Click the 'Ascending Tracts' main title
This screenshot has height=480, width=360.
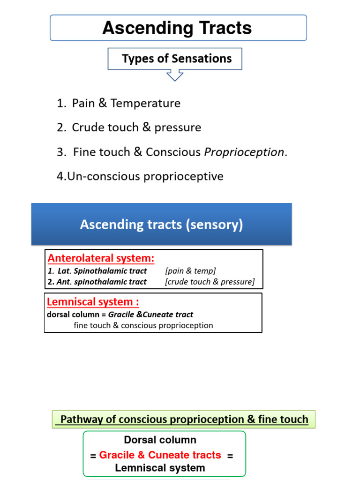tap(177, 28)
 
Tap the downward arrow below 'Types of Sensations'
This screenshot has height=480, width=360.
tap(175, 75)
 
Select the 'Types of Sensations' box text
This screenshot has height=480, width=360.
tap(177, 59)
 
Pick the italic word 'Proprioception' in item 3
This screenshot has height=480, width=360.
tap(244, 152)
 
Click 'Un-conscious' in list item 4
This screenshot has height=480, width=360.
tap(97, 177)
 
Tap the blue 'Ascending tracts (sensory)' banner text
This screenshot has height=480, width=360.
tap(161, 225)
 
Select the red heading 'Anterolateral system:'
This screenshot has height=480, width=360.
tap(101, 258)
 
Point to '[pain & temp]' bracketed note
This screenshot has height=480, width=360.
tap(190, 271)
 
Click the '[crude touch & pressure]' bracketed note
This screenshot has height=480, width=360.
tap(210, 282)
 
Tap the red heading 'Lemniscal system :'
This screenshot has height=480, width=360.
tap(93, 302)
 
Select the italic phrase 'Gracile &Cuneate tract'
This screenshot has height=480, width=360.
tap(150, 315)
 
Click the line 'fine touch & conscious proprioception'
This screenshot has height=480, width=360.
tap(143, 325)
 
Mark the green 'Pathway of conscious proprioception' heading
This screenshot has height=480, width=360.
tap(184, 420)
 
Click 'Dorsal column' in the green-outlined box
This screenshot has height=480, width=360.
tap(160, 440)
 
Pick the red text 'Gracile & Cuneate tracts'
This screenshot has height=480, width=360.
tap(160, 455)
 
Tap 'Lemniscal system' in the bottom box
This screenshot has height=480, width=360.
tap(160, 468)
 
